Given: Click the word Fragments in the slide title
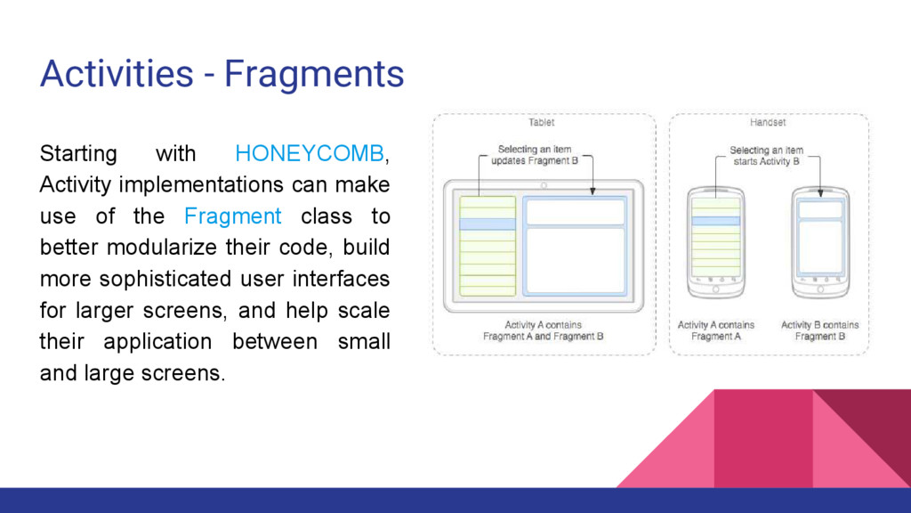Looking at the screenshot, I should (314, 73).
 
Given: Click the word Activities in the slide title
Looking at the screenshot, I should (116, 73).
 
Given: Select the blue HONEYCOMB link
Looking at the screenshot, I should (310, 153).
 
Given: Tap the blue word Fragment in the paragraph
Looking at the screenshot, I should (233, 216).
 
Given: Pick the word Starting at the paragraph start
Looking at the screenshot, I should (78, 153).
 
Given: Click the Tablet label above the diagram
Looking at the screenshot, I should (541, 122).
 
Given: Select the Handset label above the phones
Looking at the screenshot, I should (767, 122).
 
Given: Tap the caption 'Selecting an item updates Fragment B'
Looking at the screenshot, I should (534, 155).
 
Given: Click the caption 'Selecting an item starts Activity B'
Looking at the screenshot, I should (766, 156).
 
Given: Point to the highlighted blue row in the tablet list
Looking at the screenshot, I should (488, 224).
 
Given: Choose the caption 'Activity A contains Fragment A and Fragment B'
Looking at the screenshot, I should (543, 330).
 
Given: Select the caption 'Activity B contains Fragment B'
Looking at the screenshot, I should (819, 330).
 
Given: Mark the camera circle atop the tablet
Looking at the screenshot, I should (543, 186).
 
